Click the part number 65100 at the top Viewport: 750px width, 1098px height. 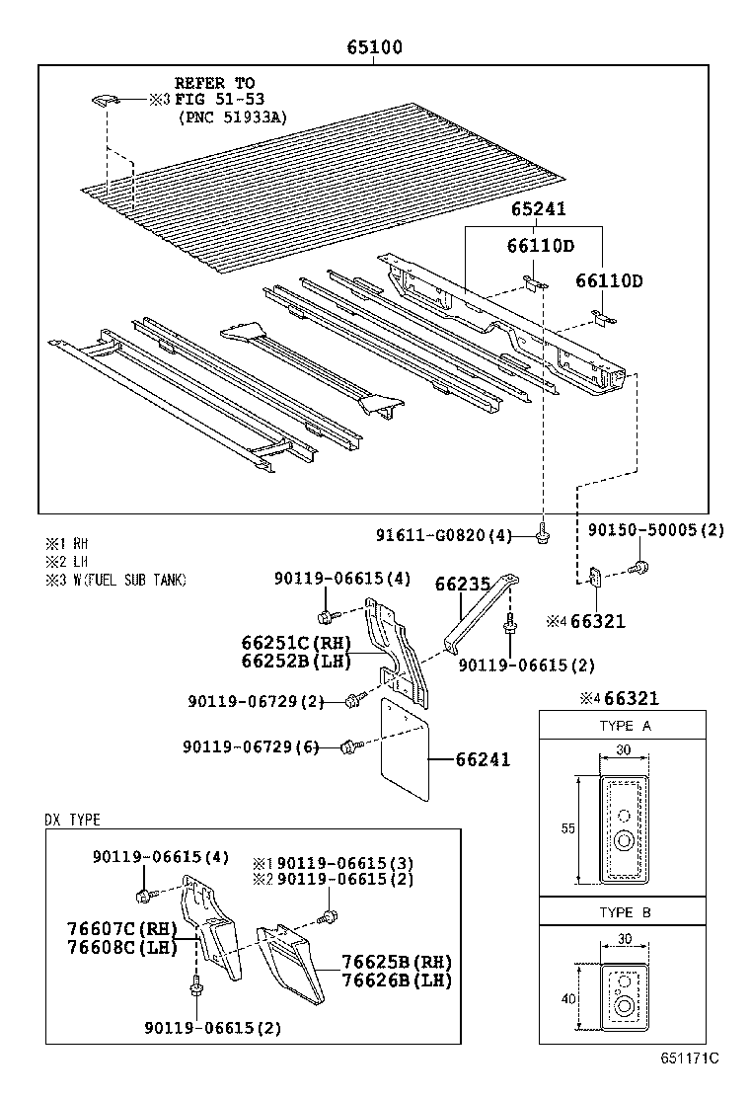coord(374,47)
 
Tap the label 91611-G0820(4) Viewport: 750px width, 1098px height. coord(444,535)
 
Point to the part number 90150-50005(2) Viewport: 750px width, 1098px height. coord(656,530)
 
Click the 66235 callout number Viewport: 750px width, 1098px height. coord(463,585)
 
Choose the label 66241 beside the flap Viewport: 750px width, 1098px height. coord(484,759)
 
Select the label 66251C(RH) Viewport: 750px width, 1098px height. coord(297,644)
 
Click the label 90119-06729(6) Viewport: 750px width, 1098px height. coord(251,746)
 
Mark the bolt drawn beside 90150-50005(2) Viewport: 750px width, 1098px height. coord(640,567)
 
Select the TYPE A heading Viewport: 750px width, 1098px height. coord(625,726)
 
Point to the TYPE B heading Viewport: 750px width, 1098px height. coord(625,912)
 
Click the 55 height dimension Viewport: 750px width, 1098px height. coord(567,828)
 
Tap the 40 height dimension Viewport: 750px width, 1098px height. coord(567,998)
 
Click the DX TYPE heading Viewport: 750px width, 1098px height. coord(72,820)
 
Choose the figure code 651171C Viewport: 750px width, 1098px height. coord(689,1058)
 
